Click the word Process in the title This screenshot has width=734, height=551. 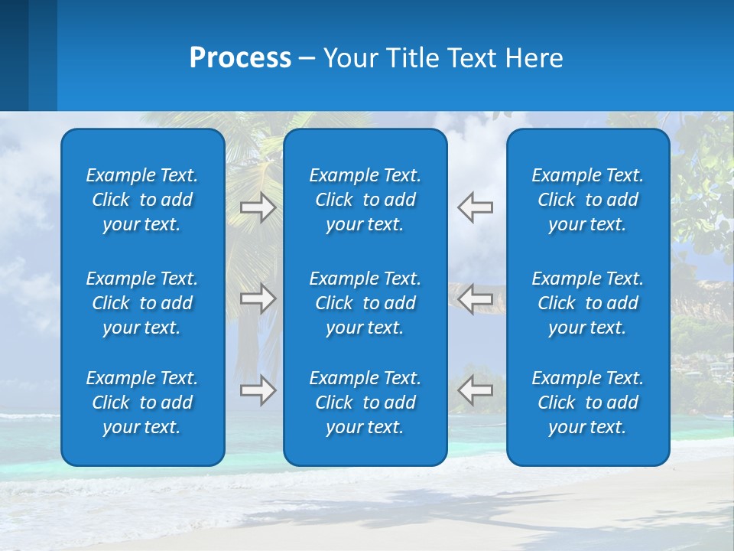click(x=240, y=58)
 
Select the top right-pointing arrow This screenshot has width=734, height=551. click(x=258, y=207)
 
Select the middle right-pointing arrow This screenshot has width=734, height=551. click(x=258, y=298)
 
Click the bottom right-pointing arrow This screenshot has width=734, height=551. click(x=258, y=390)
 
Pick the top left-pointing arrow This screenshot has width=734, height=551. click(x=476, y=207)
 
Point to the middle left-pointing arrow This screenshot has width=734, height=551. click(x=476, y=298)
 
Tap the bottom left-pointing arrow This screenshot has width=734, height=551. click(x=476, y=390)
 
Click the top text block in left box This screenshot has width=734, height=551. click(x=142, y=200)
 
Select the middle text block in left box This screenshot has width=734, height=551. click(x=142, y=303)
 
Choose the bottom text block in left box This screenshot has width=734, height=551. click(x=142, y=403)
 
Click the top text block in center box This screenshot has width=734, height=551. click(x=365, y=200)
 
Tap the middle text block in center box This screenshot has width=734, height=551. click(x=365, y=303)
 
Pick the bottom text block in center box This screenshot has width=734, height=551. click(x=365, y=403)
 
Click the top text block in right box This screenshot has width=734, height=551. click(x=588, y=200)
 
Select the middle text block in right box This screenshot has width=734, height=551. click(x=588, y=303)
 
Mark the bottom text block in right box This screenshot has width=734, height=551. click(x=588, y=403)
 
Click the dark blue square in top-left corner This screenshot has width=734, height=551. click(x=14, y=55)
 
